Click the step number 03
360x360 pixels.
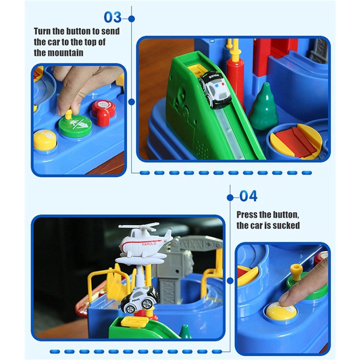point(112,17)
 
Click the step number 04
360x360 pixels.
point(248,196)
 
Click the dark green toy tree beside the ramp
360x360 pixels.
point(264,106)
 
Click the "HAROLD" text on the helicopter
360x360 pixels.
point(149,244)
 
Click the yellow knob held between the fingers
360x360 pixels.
point(69,114)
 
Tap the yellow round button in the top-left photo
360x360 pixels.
point(45,140)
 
